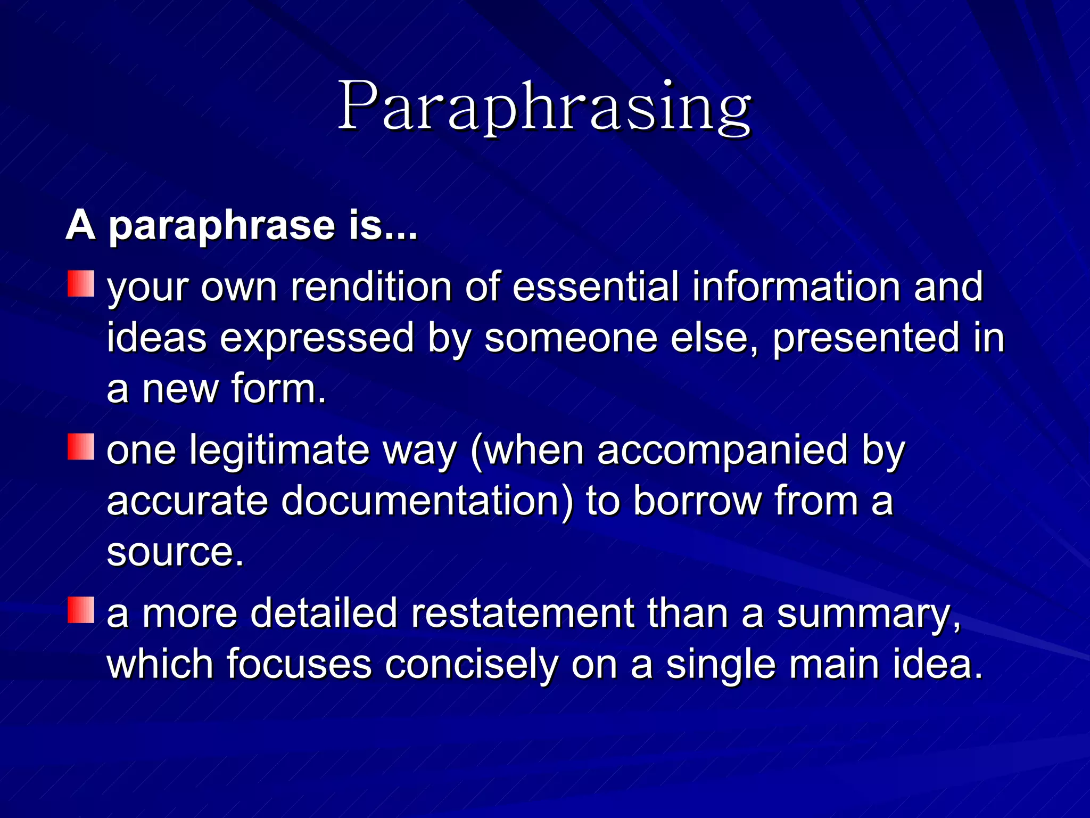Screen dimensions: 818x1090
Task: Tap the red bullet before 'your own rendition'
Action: tap(81, 284)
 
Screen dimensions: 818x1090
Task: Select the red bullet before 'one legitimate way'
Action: tap(81, 447)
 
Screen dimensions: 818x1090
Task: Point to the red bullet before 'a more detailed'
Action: tap(81, 610)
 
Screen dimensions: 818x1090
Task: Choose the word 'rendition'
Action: tap(370, 287)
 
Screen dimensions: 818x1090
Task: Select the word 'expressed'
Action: tap(317, 338)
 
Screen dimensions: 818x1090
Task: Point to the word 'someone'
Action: tap(571, 338)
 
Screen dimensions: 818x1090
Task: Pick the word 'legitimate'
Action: tap(279, 450)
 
